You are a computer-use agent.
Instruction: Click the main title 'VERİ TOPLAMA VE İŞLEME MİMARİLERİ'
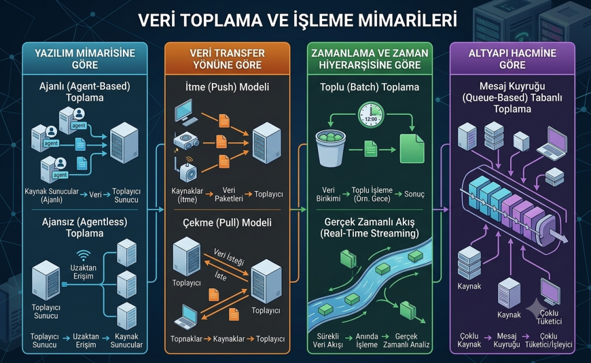click(x=297, y=20)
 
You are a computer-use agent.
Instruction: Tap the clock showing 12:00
click(x=371, y=115)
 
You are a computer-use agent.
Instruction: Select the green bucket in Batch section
click(x=331, y=148)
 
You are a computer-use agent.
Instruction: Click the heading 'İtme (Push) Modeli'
click(x=227, y=87)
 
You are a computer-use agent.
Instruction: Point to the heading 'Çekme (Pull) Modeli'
click(x=227, y=222)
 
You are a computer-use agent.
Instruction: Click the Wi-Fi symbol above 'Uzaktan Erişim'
click(x=83, y=256)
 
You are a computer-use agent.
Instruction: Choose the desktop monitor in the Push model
click(x=186, y=112)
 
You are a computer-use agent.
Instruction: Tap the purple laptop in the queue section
click(x=552, y=144)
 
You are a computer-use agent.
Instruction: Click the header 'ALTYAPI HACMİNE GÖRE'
click(x=513, y=59)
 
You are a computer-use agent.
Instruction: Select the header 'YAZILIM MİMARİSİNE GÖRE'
click(x=85, y=59)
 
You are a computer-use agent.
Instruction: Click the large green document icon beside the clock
click(x=412, y=148)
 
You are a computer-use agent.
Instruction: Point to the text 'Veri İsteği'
click(x=229, y=256)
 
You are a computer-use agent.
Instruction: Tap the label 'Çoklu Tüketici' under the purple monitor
click(x=549, y=317)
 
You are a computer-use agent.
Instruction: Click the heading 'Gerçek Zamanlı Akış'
click(x=369, y=222)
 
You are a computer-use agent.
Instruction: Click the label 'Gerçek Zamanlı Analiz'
click(x=406, y=340)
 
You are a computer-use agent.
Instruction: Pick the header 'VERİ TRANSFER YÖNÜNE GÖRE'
click(x=227, y=59)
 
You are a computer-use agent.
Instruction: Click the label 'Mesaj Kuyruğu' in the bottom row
click(x=507, y=340)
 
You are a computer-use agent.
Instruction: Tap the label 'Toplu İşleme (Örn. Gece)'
click(x=372, y=194)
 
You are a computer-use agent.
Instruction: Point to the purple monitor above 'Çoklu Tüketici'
click(x=550, y=291)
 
